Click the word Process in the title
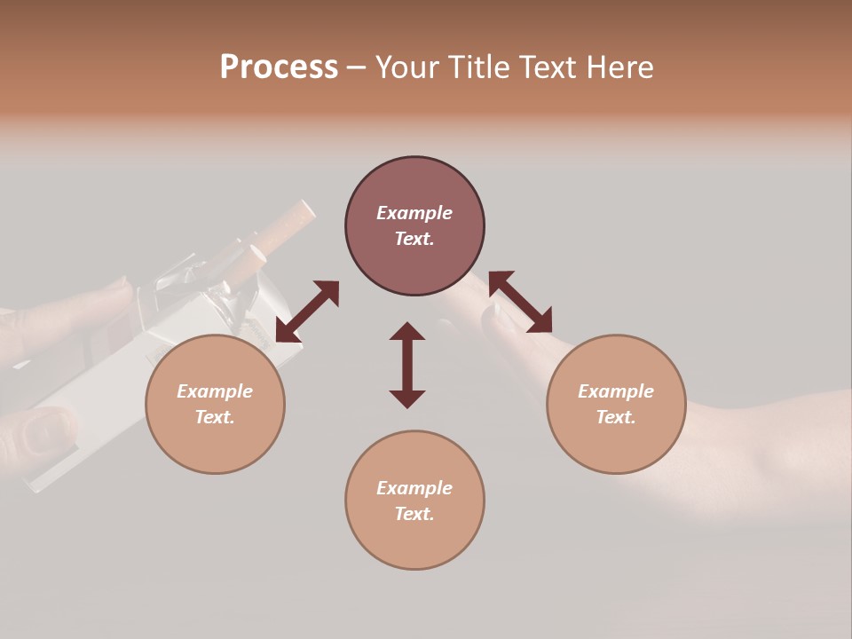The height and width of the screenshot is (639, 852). pos(279,67)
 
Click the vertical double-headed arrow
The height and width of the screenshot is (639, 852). pos(407,365)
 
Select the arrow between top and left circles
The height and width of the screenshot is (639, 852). pos(307,312)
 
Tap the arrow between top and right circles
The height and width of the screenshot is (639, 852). pos(520,302)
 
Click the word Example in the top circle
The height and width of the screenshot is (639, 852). pos(414,213)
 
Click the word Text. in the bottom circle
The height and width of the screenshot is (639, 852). pos(414,514)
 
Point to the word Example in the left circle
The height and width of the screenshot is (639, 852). pos(215,391)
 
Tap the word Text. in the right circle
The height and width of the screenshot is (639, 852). pos(616,417)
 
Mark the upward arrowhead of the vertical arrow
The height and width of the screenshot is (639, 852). pos(407,332)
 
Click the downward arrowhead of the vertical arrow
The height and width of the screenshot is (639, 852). pos(407,398)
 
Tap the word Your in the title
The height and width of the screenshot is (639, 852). pos(406,67)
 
